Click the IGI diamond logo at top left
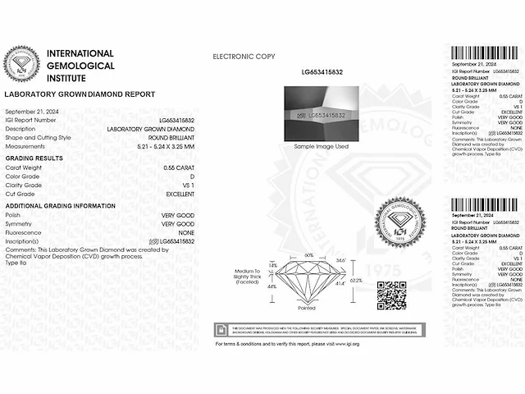24,64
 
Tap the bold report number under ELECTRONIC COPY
315,73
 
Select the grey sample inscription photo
315,114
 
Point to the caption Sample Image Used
315,146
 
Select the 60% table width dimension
309,255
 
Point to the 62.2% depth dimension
355,281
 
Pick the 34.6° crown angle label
340,260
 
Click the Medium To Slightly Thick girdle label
246,276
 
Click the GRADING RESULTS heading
34,158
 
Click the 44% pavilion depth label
272,286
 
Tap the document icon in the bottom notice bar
221,329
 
